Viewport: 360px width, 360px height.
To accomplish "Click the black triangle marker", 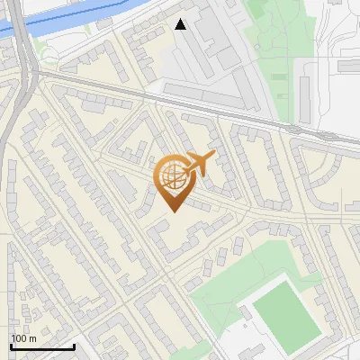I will click(x=181, y=24).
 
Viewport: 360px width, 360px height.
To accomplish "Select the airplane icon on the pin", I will click(x=199, y=164).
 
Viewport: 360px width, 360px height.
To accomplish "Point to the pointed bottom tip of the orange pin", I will click(x=172, y=211).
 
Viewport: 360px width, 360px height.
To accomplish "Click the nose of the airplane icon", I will click(x=214, y=157).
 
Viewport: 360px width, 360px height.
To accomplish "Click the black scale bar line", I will click(x=42, y=346).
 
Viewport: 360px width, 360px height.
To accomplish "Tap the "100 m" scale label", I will click(x=23, y=337).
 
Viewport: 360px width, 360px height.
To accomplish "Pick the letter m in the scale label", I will click(x=32, y=337).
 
